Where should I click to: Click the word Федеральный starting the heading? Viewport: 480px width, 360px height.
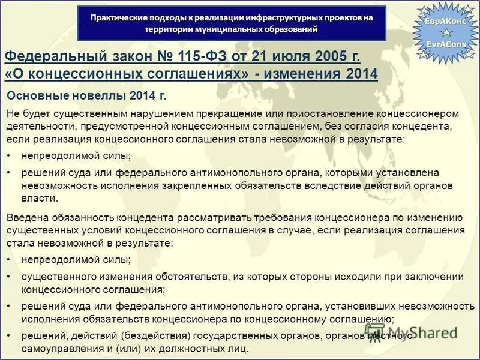[x=52, y=57]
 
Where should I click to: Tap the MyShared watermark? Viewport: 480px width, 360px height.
[x=414, y=333]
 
